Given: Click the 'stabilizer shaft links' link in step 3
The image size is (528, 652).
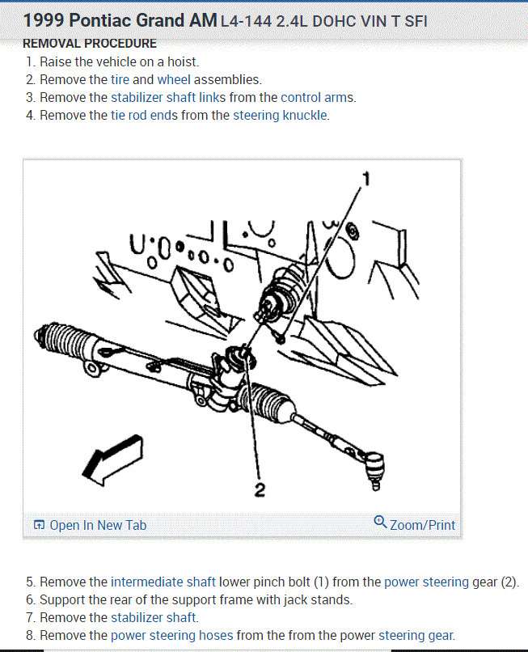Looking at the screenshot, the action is [x=168, y=97].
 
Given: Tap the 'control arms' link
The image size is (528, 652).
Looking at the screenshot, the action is [x=318, y=97].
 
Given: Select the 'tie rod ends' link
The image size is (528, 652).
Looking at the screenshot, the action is [x=144, y=115].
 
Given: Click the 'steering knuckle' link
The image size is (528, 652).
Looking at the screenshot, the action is [x=281, y=115].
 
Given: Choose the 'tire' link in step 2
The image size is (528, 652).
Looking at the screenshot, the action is [x=120, y=79].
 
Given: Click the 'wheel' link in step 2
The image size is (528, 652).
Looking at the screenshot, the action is [x=174, y=79].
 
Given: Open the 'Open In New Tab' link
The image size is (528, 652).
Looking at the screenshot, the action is [x=91, y=525].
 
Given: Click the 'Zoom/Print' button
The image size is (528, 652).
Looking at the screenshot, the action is [x=415, y=524].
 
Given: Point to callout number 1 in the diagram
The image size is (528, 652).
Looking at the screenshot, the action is [x=366, y=180].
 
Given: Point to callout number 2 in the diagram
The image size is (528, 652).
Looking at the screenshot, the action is [x=260, y=490].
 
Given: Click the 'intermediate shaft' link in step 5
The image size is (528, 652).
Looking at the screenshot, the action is [x=163, y=582].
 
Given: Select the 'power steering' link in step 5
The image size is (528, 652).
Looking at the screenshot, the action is [x=426, y=582].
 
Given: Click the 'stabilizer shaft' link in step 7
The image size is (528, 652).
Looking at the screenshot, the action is [x=154, y=617].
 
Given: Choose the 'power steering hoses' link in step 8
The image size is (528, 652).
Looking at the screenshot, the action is [x=171, y=635].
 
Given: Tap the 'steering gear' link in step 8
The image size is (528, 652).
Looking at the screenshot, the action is [x=416, y=635].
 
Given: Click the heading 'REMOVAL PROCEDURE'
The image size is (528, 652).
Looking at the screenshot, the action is [x=90, y=43].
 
